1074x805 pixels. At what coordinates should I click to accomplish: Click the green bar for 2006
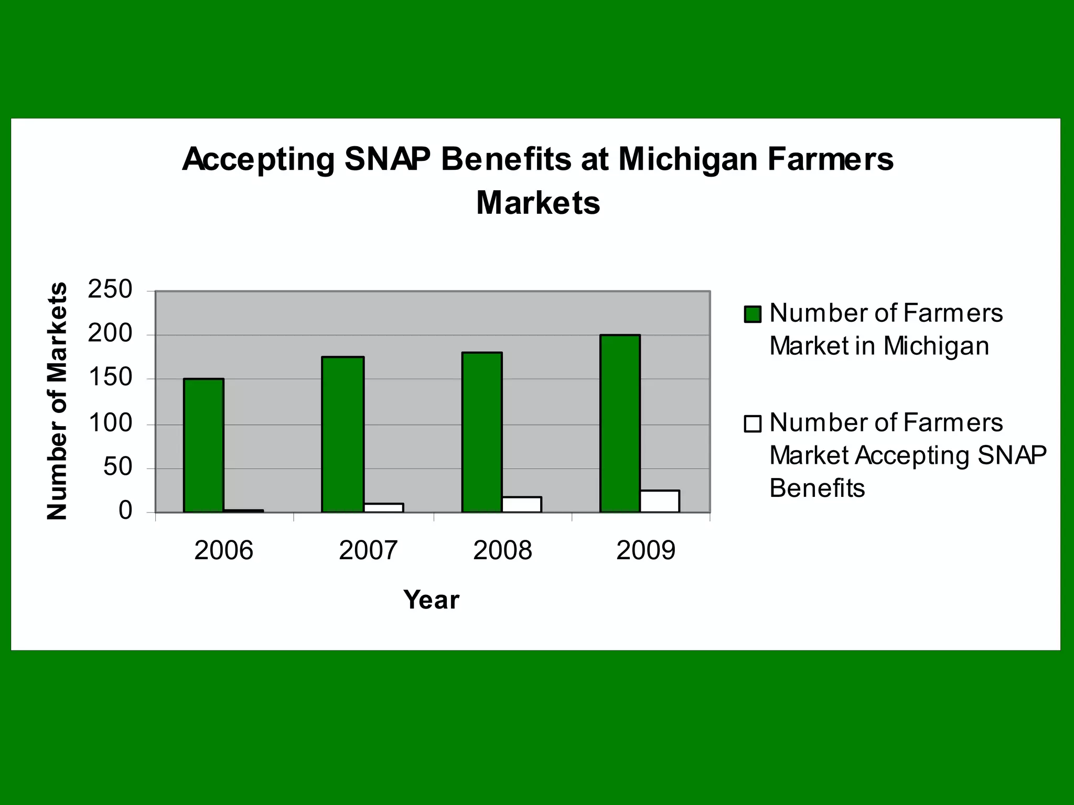[x=203, y=445]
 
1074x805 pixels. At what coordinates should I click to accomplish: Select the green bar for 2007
[x=342, y=434]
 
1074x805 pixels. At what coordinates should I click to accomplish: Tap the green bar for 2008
[x=481, y=432]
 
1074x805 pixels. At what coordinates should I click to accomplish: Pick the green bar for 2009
[x=620, y=423]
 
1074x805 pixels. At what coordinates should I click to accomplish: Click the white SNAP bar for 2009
[x=660, y=501]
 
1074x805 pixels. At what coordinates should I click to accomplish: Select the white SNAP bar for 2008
[x=522, y=504]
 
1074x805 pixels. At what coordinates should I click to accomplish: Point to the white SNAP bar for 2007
[x=383, y=507]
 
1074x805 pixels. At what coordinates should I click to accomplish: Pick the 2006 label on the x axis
[x=223, y=550]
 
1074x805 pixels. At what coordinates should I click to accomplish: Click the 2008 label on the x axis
[x=502, y=550]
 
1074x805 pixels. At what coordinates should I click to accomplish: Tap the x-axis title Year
[x=431, y=600]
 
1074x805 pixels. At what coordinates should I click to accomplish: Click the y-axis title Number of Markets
[x=57, y=401]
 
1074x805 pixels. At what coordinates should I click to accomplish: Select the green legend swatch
[x=753, y=314]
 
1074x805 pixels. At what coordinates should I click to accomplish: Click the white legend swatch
[x=753, y=423]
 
